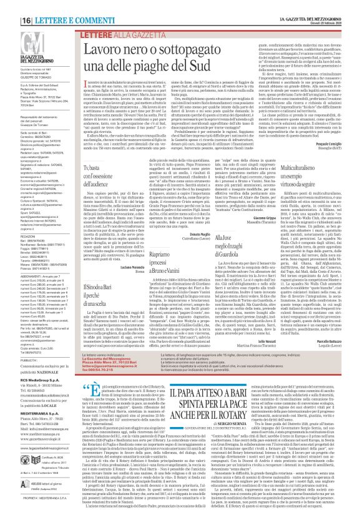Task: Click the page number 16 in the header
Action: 11,5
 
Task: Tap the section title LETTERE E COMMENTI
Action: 44,5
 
